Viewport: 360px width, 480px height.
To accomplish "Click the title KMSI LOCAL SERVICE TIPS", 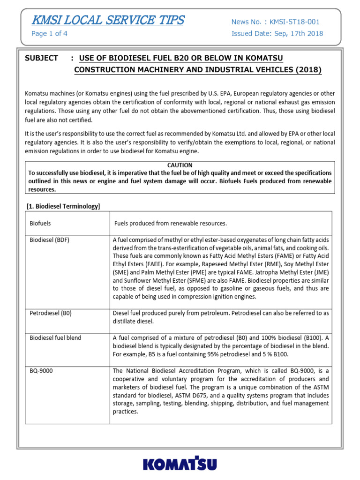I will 107,21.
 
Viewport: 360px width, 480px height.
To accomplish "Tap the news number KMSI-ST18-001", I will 292,22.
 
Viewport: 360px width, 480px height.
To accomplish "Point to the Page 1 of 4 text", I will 49,34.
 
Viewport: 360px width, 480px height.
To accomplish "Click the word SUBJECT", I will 41,58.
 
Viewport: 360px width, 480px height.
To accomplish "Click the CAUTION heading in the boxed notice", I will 180,165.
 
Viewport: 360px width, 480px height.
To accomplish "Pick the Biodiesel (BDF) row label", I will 49,240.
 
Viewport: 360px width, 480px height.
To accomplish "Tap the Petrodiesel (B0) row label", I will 51,313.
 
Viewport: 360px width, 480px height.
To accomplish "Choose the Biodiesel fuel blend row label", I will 55,338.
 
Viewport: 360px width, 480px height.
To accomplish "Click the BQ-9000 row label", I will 41,371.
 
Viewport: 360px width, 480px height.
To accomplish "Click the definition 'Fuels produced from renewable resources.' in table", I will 171,223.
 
